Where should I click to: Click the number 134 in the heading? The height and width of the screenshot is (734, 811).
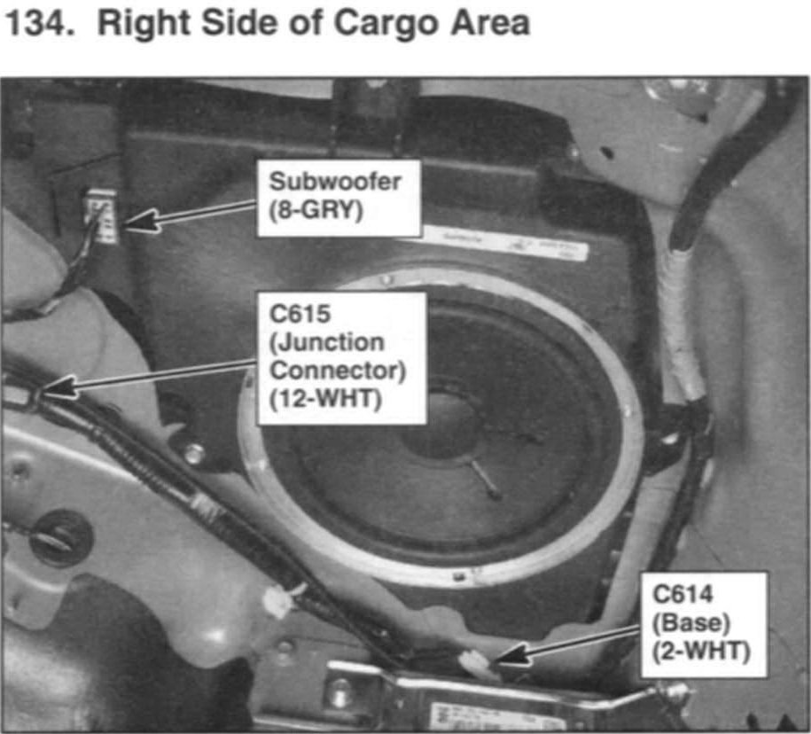click(x=36, y=23)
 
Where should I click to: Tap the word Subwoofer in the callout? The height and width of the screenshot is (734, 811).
click(x=335, y=182)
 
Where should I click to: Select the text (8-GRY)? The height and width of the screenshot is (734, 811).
click(x=316, y=210)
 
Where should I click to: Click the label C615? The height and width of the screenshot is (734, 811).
click(x=300, y=314)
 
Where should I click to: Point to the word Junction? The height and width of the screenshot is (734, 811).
click(x=327, y=343)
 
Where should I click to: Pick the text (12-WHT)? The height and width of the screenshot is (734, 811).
click(x=325, y=399)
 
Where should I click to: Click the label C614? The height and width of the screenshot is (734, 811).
click(x=682, y=594)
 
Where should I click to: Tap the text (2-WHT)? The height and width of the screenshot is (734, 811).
click(x=701, y=651)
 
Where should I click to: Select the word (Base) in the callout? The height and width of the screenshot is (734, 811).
click(x=691, y=622)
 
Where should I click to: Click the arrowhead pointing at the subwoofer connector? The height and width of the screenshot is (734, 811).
click(x=140, y=223)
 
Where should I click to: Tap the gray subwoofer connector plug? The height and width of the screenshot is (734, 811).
click(x=102, y=215)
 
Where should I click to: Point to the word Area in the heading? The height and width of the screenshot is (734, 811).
click(x=490, y=24)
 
